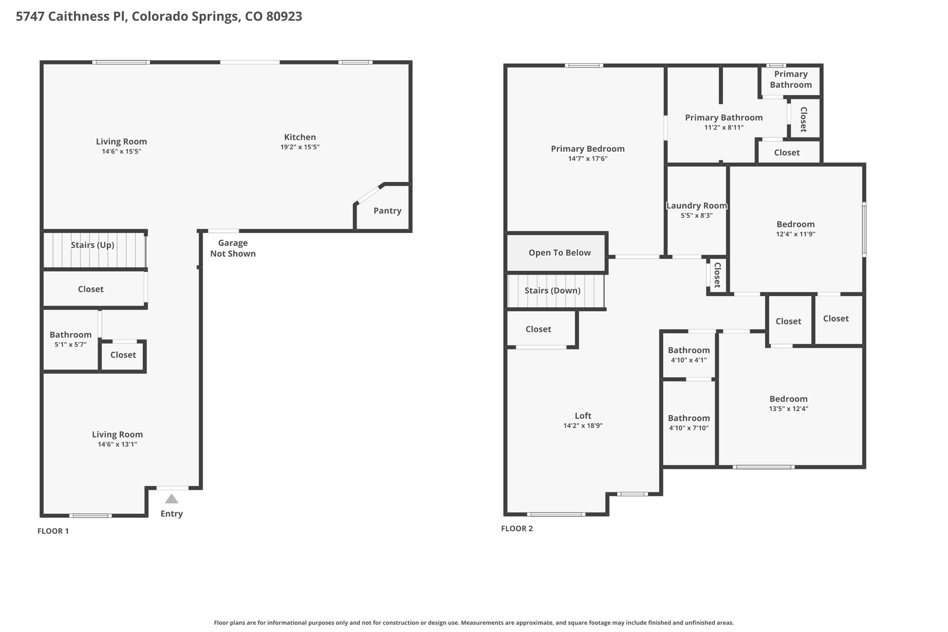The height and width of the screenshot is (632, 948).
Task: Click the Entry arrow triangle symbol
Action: click(172, 499)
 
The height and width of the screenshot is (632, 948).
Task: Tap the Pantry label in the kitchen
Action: click(387, 211)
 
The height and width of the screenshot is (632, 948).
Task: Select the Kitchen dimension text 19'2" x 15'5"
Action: click(299, 147)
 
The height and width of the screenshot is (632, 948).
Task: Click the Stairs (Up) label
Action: click(92, 245)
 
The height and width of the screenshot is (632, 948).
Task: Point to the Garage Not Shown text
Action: click(232, 248)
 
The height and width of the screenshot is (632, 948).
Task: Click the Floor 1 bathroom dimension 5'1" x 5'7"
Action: click(70, 344)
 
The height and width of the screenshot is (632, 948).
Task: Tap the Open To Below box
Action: click(559, 253)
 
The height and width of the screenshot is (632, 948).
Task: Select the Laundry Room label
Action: click(696, 206)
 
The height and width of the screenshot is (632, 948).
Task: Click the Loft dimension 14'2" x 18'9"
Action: click(583, 426)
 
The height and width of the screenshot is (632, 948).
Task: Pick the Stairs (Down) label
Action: click(552, 291)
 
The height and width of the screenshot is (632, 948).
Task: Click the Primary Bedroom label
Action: click(587, 149)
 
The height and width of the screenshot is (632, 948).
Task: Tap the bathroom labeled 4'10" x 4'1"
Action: click(688, 355)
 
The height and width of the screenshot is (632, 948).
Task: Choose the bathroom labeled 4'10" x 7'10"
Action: click(688, 423)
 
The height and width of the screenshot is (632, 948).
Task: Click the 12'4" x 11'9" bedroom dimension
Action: click(795, 234)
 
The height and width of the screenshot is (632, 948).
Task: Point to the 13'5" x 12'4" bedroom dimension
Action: click(788, 409)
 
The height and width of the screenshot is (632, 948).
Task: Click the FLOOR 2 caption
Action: click(517, 529)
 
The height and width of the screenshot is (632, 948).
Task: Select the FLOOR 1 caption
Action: click(53, 531)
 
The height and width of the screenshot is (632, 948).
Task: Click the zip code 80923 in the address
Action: click(284, 16)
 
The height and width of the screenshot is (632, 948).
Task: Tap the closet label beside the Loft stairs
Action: click(538, 329)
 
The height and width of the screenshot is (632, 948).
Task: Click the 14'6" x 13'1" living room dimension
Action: click(117, 444)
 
